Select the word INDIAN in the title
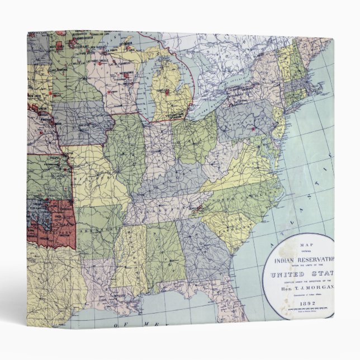286,259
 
